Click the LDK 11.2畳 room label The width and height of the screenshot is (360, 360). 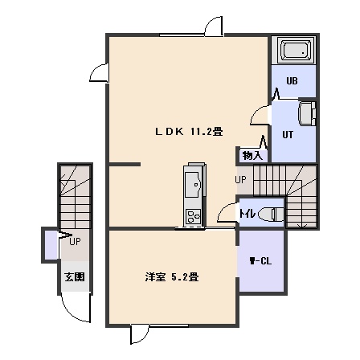189,132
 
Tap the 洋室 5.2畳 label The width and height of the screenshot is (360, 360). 172,277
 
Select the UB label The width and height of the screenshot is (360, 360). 292,81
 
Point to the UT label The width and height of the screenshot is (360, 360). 288,134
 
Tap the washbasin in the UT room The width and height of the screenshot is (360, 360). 307,113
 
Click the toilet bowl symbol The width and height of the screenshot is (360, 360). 272,215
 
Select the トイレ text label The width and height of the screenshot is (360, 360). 247,214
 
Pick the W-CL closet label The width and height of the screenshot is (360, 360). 260,261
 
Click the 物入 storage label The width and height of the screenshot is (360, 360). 252,156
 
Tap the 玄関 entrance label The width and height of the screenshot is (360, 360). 75,277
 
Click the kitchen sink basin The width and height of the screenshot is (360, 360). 192,185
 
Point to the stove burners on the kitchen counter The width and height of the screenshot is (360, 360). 194,216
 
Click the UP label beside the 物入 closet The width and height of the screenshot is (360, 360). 240,180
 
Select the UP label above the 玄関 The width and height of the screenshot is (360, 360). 75,242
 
